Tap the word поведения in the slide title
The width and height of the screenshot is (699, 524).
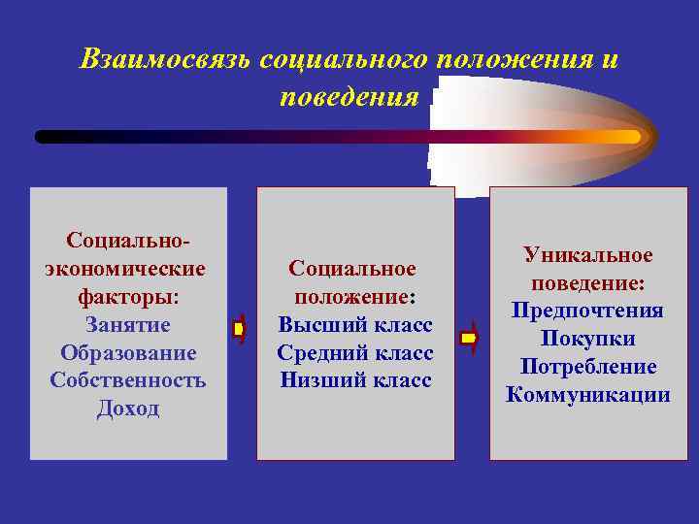tap(349, 97)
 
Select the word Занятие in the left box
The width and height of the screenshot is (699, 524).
tap(128, 324)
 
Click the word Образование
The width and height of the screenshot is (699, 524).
tap(128, 352)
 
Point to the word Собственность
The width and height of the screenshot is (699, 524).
tap(128, 380)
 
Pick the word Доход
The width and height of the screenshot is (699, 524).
tap(128, 409)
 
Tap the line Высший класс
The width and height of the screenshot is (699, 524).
tap(355, 324)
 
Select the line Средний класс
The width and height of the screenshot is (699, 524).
tap(355, 352)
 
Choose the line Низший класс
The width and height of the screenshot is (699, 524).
tap(355, 380)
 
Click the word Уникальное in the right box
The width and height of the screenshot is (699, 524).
tap(588, 254)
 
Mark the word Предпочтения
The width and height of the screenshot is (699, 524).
tap(588, 311)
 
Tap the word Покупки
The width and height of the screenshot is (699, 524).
tap(588, 339)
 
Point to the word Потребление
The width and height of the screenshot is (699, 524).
tap(588, 367)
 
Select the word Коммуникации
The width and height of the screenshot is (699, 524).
tap(588, 395)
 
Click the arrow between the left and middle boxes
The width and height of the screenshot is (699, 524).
tap(239, 331)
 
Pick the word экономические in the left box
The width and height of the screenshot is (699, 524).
tap(125, 267)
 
